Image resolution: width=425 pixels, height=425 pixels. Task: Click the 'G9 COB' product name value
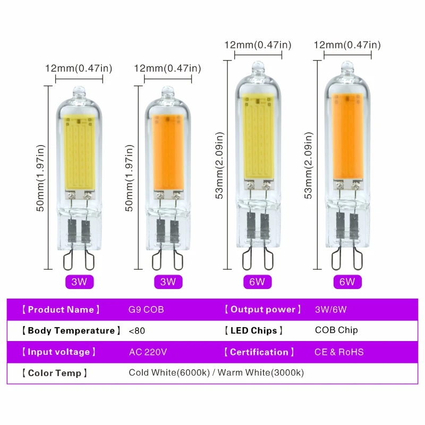tap(146, 310)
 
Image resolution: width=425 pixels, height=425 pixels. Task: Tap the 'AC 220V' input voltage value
tap(148, 352)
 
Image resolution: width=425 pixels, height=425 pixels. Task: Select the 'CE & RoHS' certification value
tap(339, 352)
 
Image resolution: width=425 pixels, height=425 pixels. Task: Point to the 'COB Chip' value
tap(336, 330)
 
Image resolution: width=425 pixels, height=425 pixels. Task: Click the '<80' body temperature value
tap(137, 330)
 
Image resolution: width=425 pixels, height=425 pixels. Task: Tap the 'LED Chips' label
tap(253, 330)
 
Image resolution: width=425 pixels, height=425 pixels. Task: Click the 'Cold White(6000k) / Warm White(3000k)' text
tap(216, 373)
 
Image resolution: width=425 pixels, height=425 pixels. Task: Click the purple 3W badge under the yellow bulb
tap(79, 282)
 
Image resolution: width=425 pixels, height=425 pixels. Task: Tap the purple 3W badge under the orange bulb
tap(168, 282)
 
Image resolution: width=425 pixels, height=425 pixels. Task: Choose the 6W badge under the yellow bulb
tap(257, 282)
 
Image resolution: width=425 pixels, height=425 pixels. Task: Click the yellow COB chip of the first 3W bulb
tap(79, 151)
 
